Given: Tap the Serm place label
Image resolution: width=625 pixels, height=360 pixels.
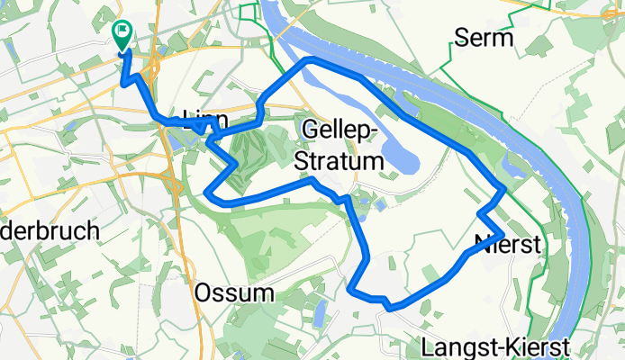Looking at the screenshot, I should point(485,38).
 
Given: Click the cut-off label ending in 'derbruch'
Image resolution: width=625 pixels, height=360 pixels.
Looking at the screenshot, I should point(50,231).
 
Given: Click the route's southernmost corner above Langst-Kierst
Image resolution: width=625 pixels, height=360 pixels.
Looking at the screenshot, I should point(391,308).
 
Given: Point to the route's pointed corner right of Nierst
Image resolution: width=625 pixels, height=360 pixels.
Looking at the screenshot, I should point(502,236).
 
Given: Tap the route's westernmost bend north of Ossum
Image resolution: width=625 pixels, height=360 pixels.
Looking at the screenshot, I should point(208,193).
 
